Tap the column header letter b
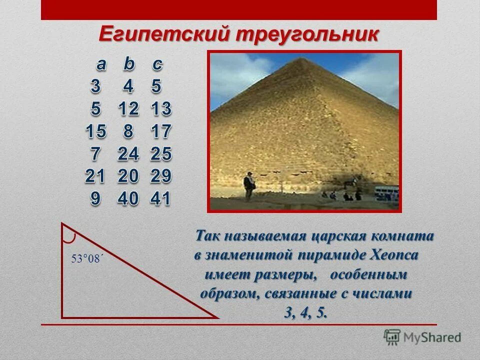pyautogui.click(x=129, y=64)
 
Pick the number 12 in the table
pyautogui.click(x=128, y=109)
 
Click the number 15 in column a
pyautogui.click(x=96, y=132)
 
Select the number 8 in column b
pyautogui.click(x=128, y=132)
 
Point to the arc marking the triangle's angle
pyautogui.click(x=72, y=234)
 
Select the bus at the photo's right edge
pyautogui.click(x=387, y=193)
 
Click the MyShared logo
pyautogui.click(x=423, y=337)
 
